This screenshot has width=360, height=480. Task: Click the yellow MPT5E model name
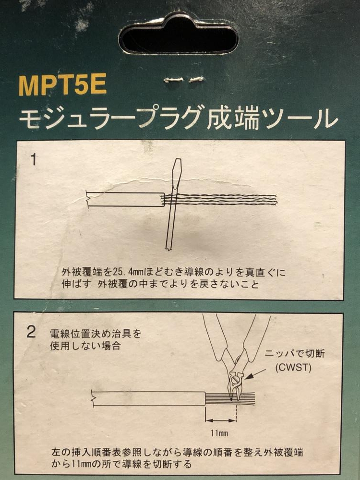pyautogui.click(x=62, y=84)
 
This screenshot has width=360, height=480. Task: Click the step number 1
pyautogui.click(x=34, y=160)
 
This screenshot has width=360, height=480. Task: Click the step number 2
pyautogui.click(x=31, y=332)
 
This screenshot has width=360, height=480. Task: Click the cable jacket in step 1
pyautogui.click(x=125, y=199)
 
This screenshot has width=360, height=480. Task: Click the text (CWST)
pyautogui.click(x=293, y=367)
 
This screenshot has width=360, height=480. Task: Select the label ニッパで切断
pyautogui.click(x=295, y=354)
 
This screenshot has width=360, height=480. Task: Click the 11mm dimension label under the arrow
pyautogui.click(x=219, y=432)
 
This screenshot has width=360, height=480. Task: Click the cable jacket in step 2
pyautogui.click(x=149, y=398)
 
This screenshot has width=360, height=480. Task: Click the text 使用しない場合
pyautogui.click(x=85, y=346)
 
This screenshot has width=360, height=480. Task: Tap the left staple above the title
pyautogui.click(x=174, y=80)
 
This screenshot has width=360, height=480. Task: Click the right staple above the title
pyautogui.click(x=196, y=79)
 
